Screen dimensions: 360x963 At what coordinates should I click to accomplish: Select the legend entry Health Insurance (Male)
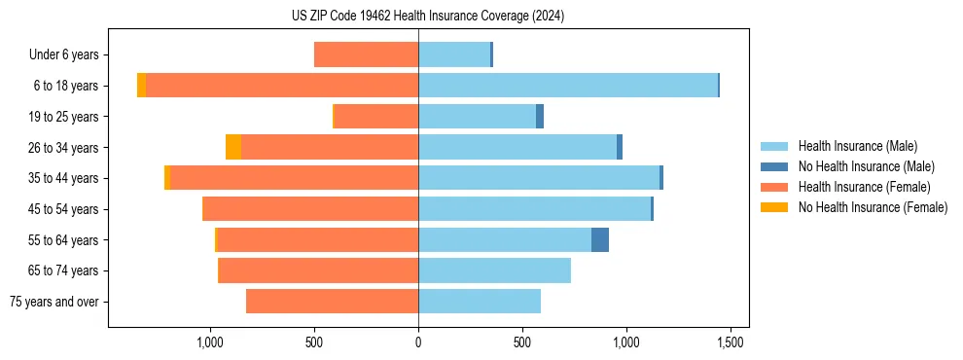(x=857, y=146)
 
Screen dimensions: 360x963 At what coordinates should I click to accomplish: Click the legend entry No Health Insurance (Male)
(x=866, y=166)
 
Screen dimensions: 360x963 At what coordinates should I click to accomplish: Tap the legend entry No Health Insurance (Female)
(x=873, y=207)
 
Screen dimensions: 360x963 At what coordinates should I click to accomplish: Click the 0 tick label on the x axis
(x=418, y=342)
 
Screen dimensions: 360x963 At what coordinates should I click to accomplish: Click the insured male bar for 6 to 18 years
(x=568, y=86)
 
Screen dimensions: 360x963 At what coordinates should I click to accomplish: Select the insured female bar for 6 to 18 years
(x=282, y=86)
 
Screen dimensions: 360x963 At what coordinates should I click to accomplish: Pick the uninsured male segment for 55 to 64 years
(x=600, y=239)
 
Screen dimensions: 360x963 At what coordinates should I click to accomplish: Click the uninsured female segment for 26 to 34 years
(x=233, y=147)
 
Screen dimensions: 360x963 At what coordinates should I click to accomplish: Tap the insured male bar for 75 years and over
(x=480, y=302)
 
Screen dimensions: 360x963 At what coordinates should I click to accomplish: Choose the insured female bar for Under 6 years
(x=366, y=54)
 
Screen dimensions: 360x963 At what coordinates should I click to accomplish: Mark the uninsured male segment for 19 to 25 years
(x=540, y=117)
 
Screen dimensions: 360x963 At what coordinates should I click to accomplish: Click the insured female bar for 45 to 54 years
(x=310, y=209)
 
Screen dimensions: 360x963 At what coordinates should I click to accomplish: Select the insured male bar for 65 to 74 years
(x=494, y=270)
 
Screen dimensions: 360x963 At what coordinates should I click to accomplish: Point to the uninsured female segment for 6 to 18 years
(x=142, y=86)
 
